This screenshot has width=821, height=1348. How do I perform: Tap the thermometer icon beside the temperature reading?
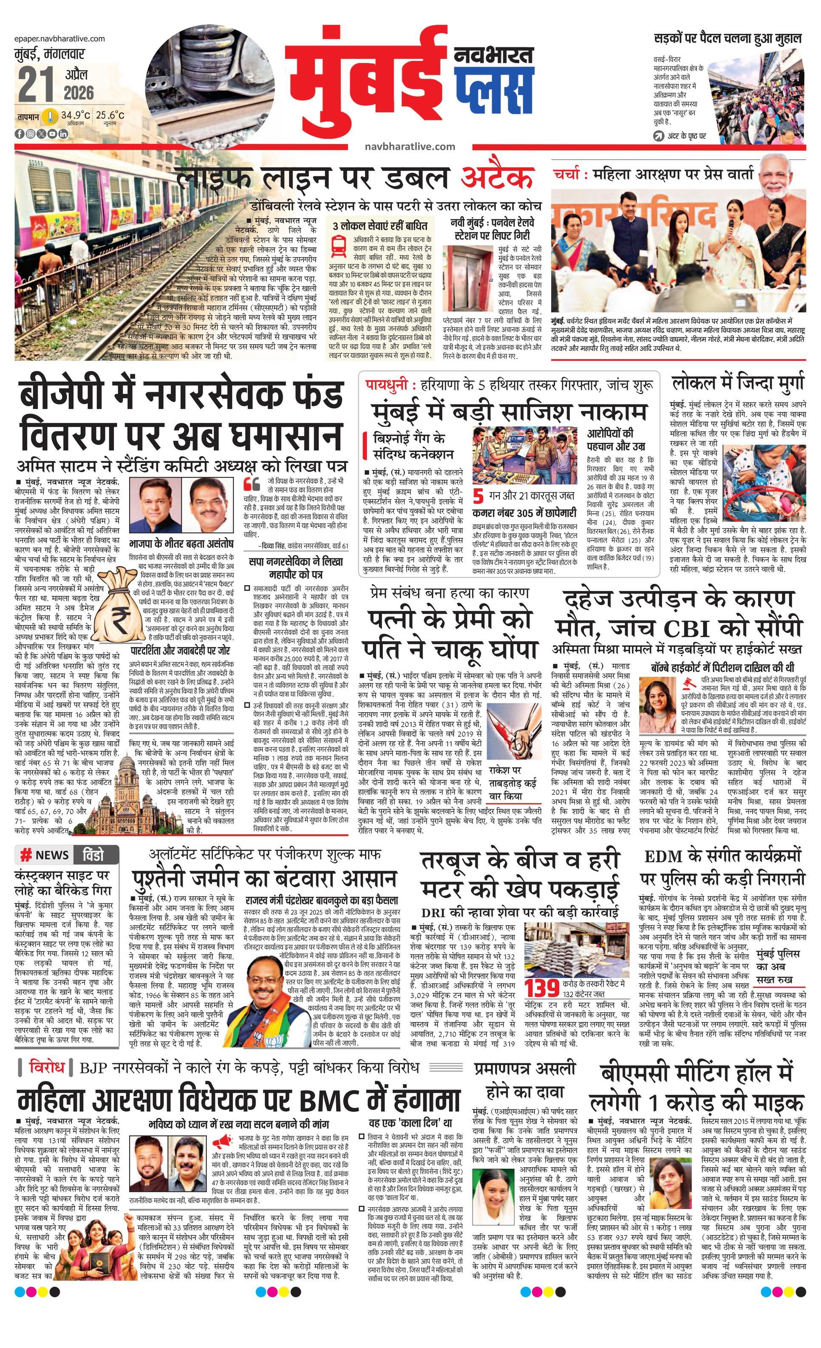pyautogui.click(x=50, y=116)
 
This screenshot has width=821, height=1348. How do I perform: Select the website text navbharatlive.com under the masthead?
pyautogui.click(x=410, y=146)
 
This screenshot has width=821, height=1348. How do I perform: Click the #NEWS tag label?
pyautogui.click(x=45, y=855)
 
